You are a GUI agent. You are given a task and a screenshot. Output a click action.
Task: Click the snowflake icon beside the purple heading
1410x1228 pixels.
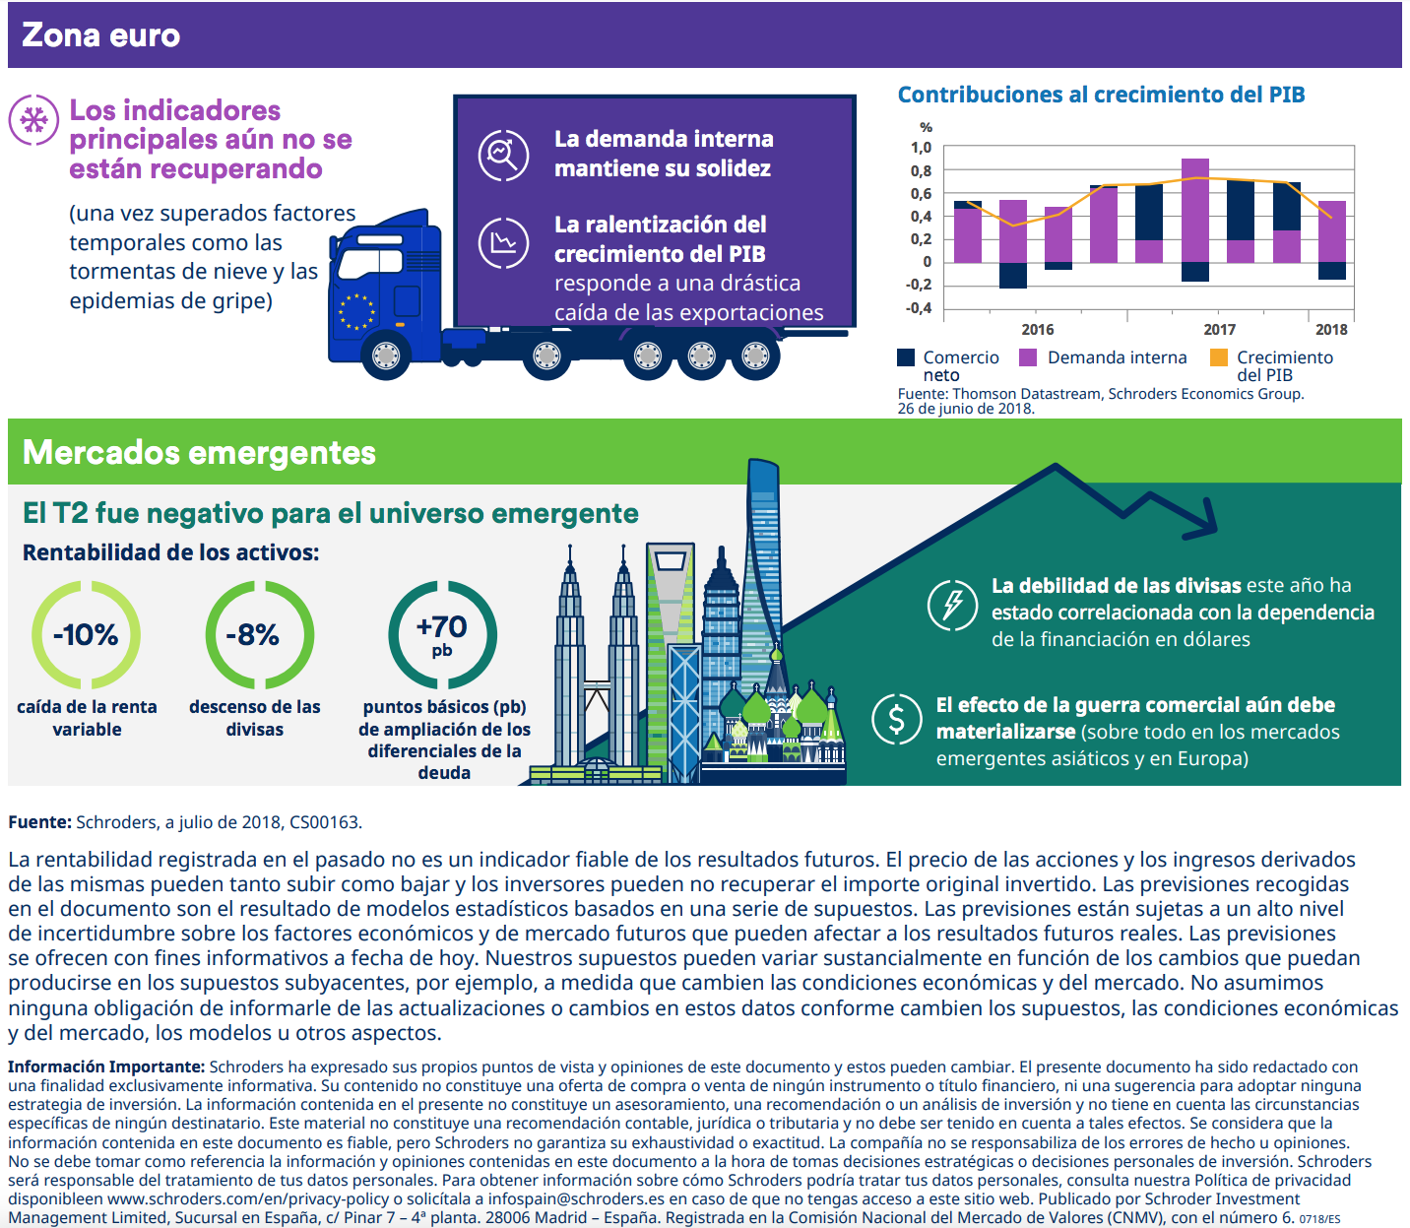[33, 120]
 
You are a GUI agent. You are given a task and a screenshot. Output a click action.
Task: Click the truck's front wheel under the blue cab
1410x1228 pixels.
[385, 355]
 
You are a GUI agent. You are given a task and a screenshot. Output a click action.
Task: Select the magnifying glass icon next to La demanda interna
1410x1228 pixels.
[503, 155]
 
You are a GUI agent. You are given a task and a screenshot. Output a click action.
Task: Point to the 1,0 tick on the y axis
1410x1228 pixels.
[921, 148]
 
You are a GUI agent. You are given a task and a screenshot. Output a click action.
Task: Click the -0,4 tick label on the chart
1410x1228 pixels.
[919, 308]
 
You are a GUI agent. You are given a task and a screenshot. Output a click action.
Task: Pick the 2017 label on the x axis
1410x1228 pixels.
[1219, 330]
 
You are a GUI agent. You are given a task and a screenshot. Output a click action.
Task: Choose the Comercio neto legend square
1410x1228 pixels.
[906, 357]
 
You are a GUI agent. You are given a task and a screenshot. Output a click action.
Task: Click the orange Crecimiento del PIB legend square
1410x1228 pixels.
[1219, 357]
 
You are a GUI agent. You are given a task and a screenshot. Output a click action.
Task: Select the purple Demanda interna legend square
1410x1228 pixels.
[1028, 357]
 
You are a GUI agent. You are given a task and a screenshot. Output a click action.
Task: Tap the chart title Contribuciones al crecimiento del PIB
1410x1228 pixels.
[1101, 95]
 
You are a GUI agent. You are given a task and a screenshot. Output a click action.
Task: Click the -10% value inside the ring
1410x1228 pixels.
[86, 635]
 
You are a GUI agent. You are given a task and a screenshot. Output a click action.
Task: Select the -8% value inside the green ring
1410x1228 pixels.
[253, 635]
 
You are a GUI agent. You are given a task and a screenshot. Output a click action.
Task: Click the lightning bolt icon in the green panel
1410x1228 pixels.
[952, 604]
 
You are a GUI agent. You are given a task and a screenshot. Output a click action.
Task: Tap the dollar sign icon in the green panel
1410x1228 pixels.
[896, 719]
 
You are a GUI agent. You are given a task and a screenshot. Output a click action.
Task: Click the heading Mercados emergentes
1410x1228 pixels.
[199, 452]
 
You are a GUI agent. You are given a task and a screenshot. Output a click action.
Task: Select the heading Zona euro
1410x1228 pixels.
[101, 35]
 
